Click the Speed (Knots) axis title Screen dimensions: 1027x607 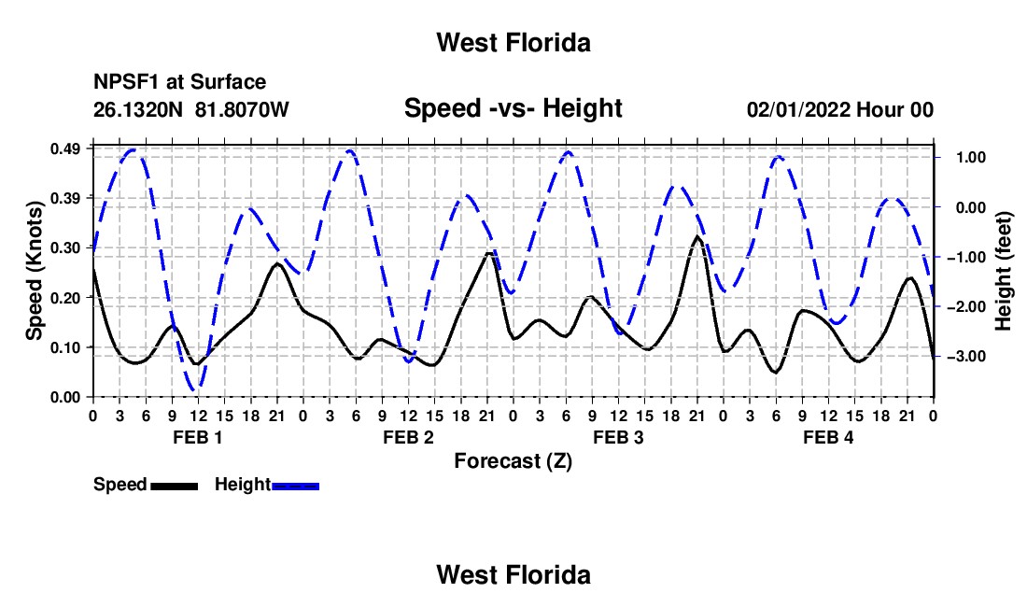(x=35, y=271)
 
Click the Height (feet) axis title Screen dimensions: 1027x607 (x=1004, y=271)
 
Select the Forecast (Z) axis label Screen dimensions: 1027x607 (x=513, y=461)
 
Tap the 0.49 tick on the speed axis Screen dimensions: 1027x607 (x=65, y=149)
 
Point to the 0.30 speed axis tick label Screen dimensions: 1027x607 (x=65, y=248)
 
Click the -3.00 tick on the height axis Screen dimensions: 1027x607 (x=966, y=357)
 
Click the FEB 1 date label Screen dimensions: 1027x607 (x=198, y=437)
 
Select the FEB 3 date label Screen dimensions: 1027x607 (x=618, y=437)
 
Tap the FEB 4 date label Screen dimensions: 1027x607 (x=828, y=437)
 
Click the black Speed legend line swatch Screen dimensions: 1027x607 (x=175, y=487)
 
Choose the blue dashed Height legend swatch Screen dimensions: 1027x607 (x=295, y=487)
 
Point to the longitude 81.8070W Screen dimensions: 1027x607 (x=242, y=109)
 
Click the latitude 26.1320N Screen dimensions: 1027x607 (x=138, y=109)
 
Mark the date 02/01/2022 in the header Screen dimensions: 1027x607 (x=798, y=109)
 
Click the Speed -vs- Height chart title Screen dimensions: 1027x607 (x=513, y=108)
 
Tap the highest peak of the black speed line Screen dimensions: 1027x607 (x=696, y=236)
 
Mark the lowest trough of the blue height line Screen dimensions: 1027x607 (x=195, y=390)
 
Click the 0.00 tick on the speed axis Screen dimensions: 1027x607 (x=65, y=398)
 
